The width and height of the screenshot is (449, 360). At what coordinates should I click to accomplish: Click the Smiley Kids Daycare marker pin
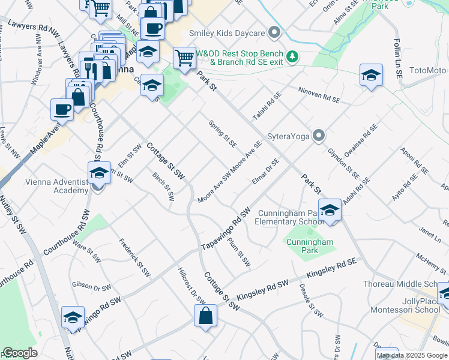(x=275, y=32)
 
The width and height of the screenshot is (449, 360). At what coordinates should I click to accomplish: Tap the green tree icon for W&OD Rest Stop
(x=292, y=56)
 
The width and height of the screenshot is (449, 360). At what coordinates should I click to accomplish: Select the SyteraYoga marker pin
(x=319, y=136)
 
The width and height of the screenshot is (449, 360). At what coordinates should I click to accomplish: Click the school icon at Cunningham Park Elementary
(x=330, y=211)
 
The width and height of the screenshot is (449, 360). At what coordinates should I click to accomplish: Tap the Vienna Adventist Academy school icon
(x=99, y=173)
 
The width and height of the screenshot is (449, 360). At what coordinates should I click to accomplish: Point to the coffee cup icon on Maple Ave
(x=62, y=109)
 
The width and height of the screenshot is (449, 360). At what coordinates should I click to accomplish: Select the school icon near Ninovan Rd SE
(x=372, y=76)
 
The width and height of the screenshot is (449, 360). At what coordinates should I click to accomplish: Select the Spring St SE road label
(x=223, y=134)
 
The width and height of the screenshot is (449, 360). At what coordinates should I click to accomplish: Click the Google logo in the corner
(x=20, y=353)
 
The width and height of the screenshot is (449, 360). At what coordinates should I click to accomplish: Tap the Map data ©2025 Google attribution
(x=412, y=355)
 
